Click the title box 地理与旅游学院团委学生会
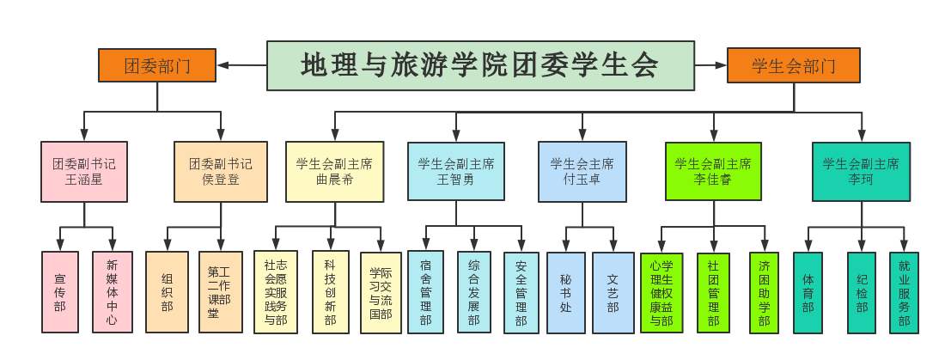click(x=479, y=65)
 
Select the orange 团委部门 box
click(x=157, y=65)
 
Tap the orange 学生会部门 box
click(x=793, y=65)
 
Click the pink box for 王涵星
click(x=84, y=172)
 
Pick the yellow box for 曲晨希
click(x=335, y=172)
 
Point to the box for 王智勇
click(x=455, y=172)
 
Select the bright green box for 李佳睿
click(x=713, y=172)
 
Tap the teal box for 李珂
click(x=861, y=172)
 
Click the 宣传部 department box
click(x=59, y=292)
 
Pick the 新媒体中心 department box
click(x=113, y=292)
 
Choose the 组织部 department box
click(x=167, y=292)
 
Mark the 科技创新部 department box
click(x=331, y=292)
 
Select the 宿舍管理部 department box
click(x=426, y=292)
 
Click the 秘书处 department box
click(x=565, y=292)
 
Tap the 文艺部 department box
click(x=613, y=292)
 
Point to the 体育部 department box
click(x=808, y=292)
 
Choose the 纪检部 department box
click(x=862, y=292)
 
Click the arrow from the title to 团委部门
click(x=241, y=64)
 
